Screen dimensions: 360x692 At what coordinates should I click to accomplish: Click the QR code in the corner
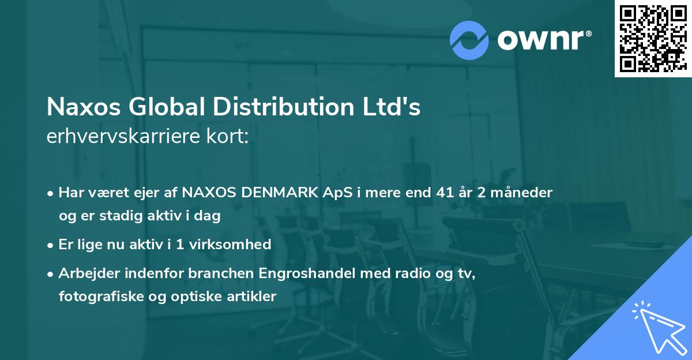coord(653,38)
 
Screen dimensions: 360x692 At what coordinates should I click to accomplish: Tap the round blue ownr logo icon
coord(469,40)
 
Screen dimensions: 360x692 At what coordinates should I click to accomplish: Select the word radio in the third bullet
coord(399,273)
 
